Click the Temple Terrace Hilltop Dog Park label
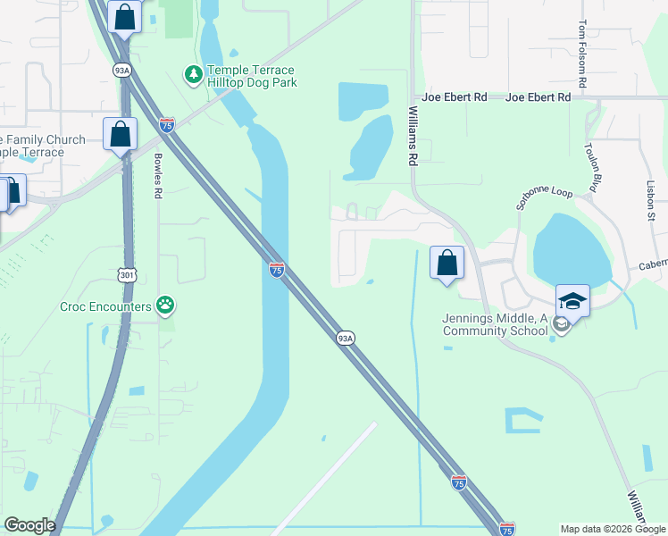tap(251, 76)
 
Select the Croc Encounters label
tap(105, 306)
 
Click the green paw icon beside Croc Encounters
tap(165, 306)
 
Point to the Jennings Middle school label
tap(495, 324)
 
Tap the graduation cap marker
tap(572, 301)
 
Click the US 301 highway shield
tap(128, 275)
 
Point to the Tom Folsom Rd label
tap(582, 54)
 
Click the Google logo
tap(29, 525)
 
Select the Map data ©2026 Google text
tap(612, 529)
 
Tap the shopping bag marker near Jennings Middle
tap(447, 264)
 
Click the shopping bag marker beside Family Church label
tap(120, 135)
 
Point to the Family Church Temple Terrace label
tap(41, 146)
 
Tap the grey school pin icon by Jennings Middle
tap(560, 324)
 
